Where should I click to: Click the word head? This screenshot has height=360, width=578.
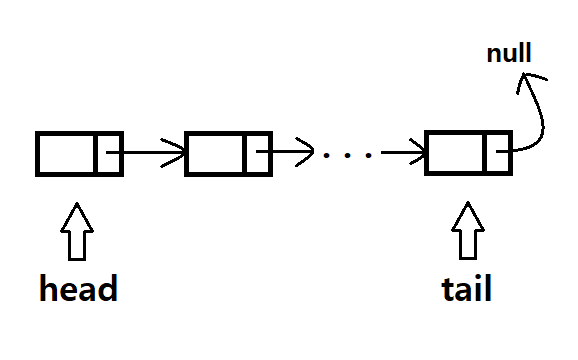click(x=79, y=289)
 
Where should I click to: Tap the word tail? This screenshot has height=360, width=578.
click(x=466, y=289)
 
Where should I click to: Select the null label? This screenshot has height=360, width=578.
click(x=508, y=53)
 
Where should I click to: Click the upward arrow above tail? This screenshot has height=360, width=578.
click(x=465, y=231)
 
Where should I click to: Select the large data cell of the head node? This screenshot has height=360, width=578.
click(x=66, y=153)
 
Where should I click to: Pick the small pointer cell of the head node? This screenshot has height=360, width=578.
click(x=109, y=153)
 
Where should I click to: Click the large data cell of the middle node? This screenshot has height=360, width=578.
click(x=215, y=153)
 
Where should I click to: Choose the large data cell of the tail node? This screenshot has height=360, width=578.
click(x=455, y=153)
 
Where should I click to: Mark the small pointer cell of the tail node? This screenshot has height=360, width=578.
click(x=497, y=153)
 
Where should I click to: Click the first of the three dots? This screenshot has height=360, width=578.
click(x=328, y=156)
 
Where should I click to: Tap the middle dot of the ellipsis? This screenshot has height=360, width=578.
click(x=349, y=156)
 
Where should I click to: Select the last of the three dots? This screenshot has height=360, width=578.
click(x=370, y=156)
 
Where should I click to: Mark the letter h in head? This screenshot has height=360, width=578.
click(x=51, y=289)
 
